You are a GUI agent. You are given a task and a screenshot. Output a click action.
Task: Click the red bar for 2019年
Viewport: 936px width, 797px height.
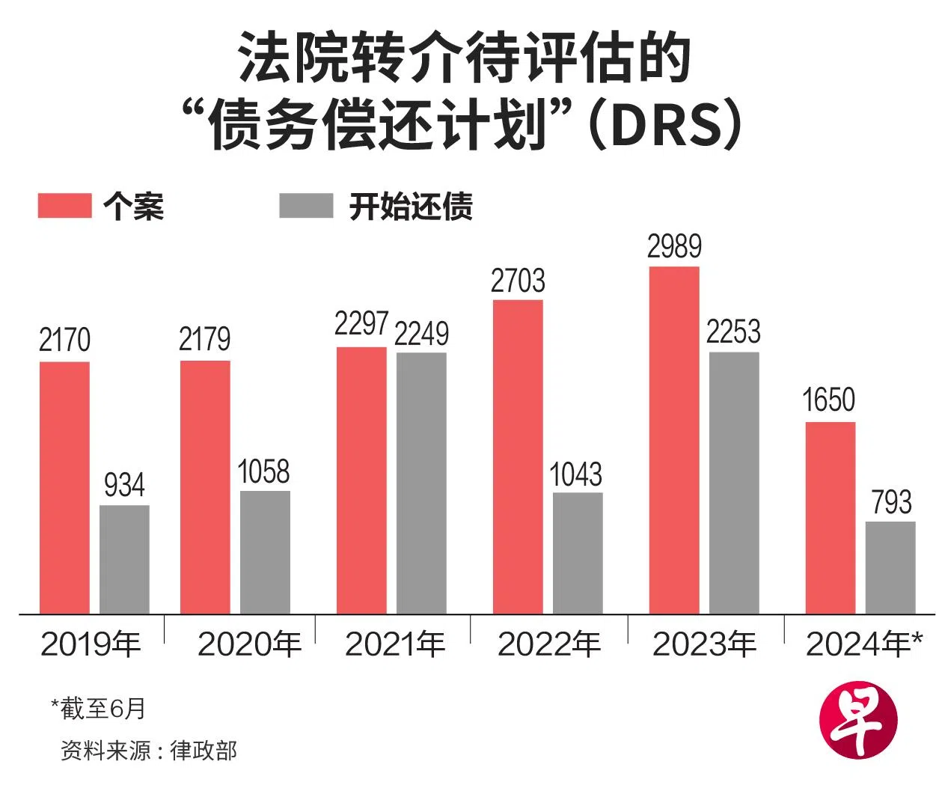click(x=64, y=488)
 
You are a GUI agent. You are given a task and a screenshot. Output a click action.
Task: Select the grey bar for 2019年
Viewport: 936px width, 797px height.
click(x=124, y=560)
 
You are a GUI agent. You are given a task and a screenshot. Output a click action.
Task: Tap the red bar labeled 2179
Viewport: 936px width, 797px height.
click(x=205, y=487)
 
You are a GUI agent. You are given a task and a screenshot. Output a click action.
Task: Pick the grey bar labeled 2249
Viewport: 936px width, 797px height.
click(x=421, y=483)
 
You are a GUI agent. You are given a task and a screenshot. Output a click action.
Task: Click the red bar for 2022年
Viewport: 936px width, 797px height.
click(x=518, y=457)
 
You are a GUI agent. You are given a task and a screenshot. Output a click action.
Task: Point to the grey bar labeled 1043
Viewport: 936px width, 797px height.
click(x=578, y=553)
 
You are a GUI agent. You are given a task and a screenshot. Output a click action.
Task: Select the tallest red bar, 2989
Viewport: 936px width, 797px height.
click(x=674, y=440)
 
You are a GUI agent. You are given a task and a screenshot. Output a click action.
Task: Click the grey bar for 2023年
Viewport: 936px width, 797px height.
click(x=734, y=483)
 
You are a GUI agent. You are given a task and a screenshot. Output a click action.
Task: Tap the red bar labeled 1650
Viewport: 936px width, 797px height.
click(x=831, y=518)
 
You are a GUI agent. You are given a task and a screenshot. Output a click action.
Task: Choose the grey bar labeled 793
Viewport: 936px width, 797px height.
click(x=890, y=567)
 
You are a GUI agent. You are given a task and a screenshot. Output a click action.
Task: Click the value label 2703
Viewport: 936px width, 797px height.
click(x=518, y=281)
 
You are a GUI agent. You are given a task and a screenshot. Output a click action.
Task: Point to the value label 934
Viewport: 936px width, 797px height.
click(x=124, y=486)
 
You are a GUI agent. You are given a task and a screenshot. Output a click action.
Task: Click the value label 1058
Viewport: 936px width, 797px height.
click(x=263, y=472)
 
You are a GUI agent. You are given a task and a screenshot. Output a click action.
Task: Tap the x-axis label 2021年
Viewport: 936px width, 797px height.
click(x=395, y=644)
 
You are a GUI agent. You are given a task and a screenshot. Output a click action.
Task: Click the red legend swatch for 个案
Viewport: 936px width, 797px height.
click(x=64, y=206)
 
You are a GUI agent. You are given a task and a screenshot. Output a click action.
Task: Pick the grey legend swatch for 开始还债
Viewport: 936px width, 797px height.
click(x=306, y=206)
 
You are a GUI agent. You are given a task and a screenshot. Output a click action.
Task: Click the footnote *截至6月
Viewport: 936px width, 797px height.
click(x=98, y=708)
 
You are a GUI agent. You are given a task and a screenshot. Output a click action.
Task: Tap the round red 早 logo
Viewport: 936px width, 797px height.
click(x=857, y=720)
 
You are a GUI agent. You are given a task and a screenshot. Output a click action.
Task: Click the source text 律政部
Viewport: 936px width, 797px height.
click(x=204, y=750)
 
